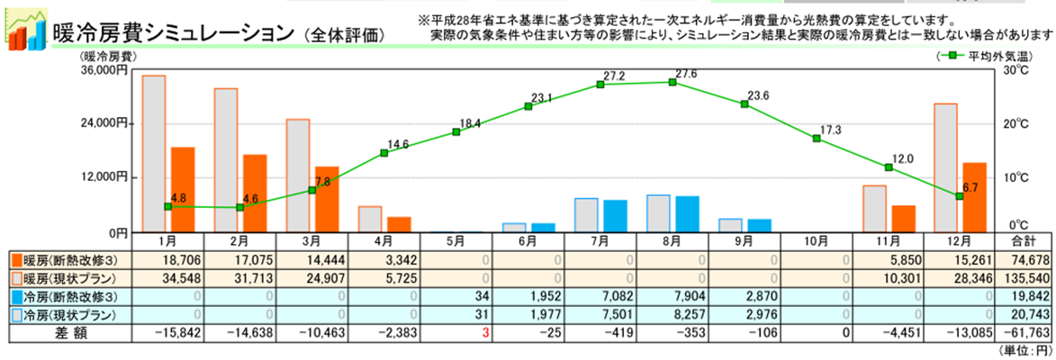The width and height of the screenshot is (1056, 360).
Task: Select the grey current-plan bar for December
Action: [945, 167]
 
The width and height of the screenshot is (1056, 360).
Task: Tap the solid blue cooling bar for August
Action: [687, 213]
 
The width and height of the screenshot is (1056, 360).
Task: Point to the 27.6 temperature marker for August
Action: [672, 82]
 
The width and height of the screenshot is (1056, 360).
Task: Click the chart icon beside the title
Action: [26, 28]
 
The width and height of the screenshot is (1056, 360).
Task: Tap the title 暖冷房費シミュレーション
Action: [175, 33]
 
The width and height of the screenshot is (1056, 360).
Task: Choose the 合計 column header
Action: [1023, 241]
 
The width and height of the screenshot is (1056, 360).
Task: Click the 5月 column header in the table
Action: [456, 241]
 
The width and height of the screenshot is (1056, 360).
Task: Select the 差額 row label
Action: [68, 332]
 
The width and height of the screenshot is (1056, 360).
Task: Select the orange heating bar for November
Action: [903, 218]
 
